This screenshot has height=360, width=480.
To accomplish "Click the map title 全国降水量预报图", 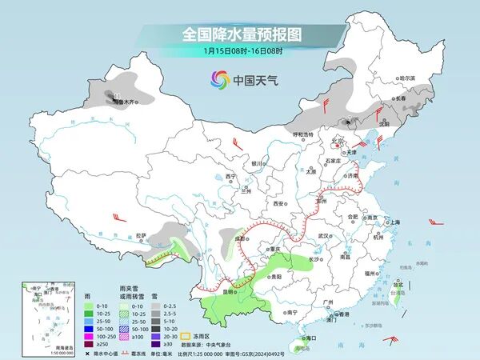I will (x=240, y=34).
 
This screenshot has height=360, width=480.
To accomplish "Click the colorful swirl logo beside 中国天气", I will (x=218, y=79).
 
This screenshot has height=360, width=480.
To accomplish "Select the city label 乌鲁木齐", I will (x=126, y=103).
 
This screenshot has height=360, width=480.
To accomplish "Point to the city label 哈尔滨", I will (x=408, y=78).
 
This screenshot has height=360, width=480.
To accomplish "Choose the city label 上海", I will (x=394, y=222).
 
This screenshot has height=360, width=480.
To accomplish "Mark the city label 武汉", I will (x=323, y=236).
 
